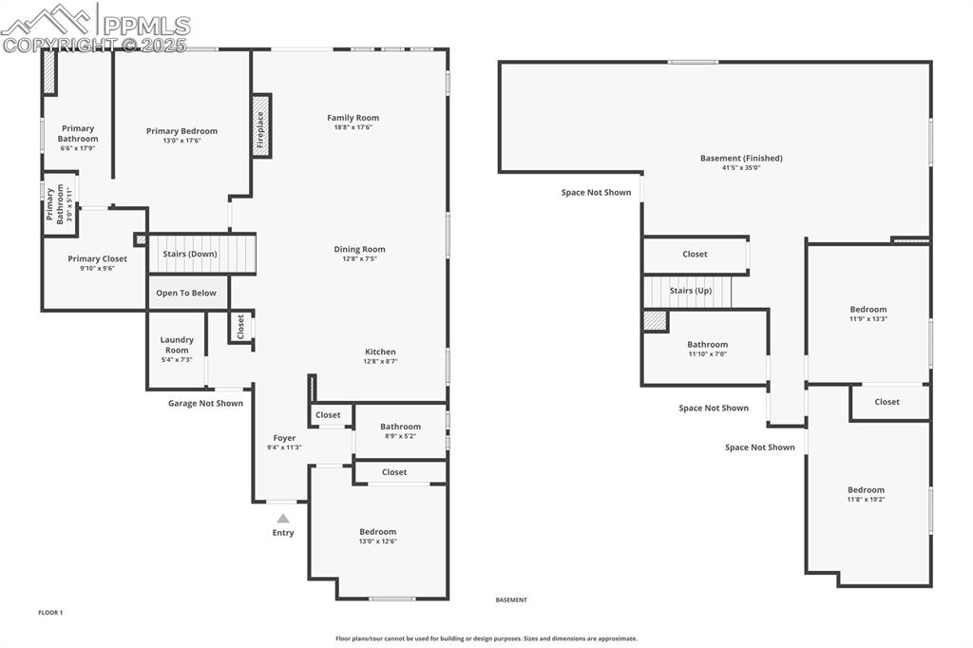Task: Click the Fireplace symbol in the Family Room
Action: click(x=261, y=125)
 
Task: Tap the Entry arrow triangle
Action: click(x=283, y=519)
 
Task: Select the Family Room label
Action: click(x=353, y=118)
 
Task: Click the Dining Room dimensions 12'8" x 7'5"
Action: click(x=360, y=258)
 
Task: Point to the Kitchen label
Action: click(x=380, y=352)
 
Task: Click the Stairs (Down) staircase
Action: click(x=202, y=254)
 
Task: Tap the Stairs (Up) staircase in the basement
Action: click(x=689, y=291)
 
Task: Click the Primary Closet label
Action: click(x=97, y=258)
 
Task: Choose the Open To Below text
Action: click(x=186, y=293)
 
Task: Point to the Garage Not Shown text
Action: click(x=205, y=403)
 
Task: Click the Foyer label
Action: click(x=284, y=438)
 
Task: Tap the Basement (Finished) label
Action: click(x=741, y=158)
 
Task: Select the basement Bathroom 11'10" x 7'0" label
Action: click(x=707, y=345)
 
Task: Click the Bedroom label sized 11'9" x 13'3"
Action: click(x=868, y=309)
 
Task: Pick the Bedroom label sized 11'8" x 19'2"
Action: click(x=866, y=490)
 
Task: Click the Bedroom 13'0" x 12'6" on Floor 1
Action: click(x=377, y=532)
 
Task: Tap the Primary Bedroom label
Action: click(x=181, y=131)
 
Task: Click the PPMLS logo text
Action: click(x=145, y=26)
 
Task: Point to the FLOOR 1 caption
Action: click(x=50, y=613)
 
